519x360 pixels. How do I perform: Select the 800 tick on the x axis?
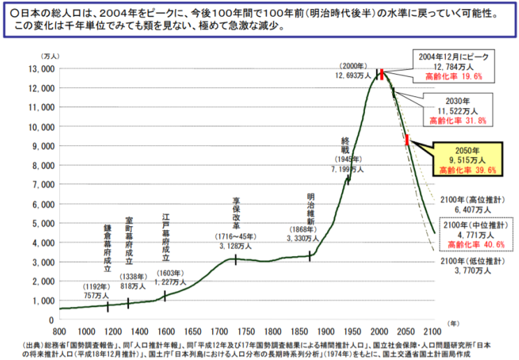coord(59,331)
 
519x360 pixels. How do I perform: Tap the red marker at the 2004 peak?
coord(382,75)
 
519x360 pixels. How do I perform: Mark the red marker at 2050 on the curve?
coord(407,140)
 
